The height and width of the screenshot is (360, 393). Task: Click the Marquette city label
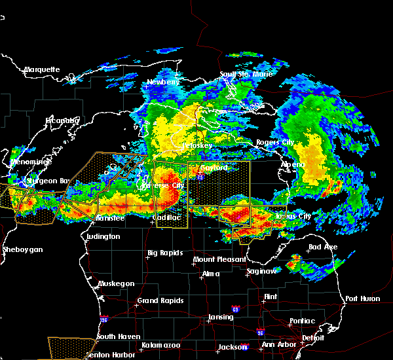click(x=42, y=69)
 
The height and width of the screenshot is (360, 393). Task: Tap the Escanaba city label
click(x=62, y=120)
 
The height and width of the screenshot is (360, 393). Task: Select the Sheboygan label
click(x=22, y=249)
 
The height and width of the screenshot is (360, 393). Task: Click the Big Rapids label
click(x=165, y=253)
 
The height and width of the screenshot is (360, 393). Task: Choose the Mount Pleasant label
click(x=215, y=260)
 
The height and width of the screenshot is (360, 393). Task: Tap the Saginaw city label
click(x=260, y=271)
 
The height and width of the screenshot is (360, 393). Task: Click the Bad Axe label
click(x=322, y=247)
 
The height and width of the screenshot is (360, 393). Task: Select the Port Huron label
click(x=362, y=298)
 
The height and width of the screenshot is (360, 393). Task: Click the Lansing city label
click(x=220, y=317)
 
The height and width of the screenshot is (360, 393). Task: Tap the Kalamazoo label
click(x=160, y=345)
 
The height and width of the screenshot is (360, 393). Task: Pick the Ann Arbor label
click(x=277, y=345)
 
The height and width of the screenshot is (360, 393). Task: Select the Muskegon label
click(x=116, y=283)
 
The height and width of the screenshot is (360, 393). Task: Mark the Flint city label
click(x=270, y=297)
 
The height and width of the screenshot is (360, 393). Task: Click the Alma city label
click(x=210, y=274)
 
